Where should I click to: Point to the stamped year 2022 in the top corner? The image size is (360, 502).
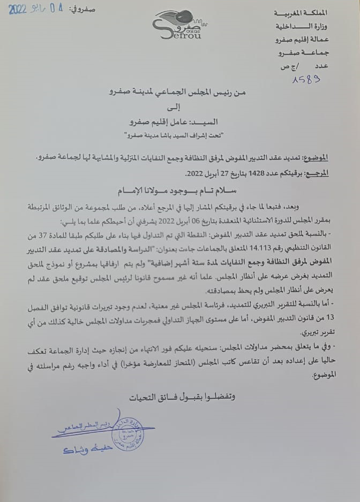click(x=17, y=9)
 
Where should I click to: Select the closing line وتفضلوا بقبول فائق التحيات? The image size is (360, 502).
click(x=182, y=397)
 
